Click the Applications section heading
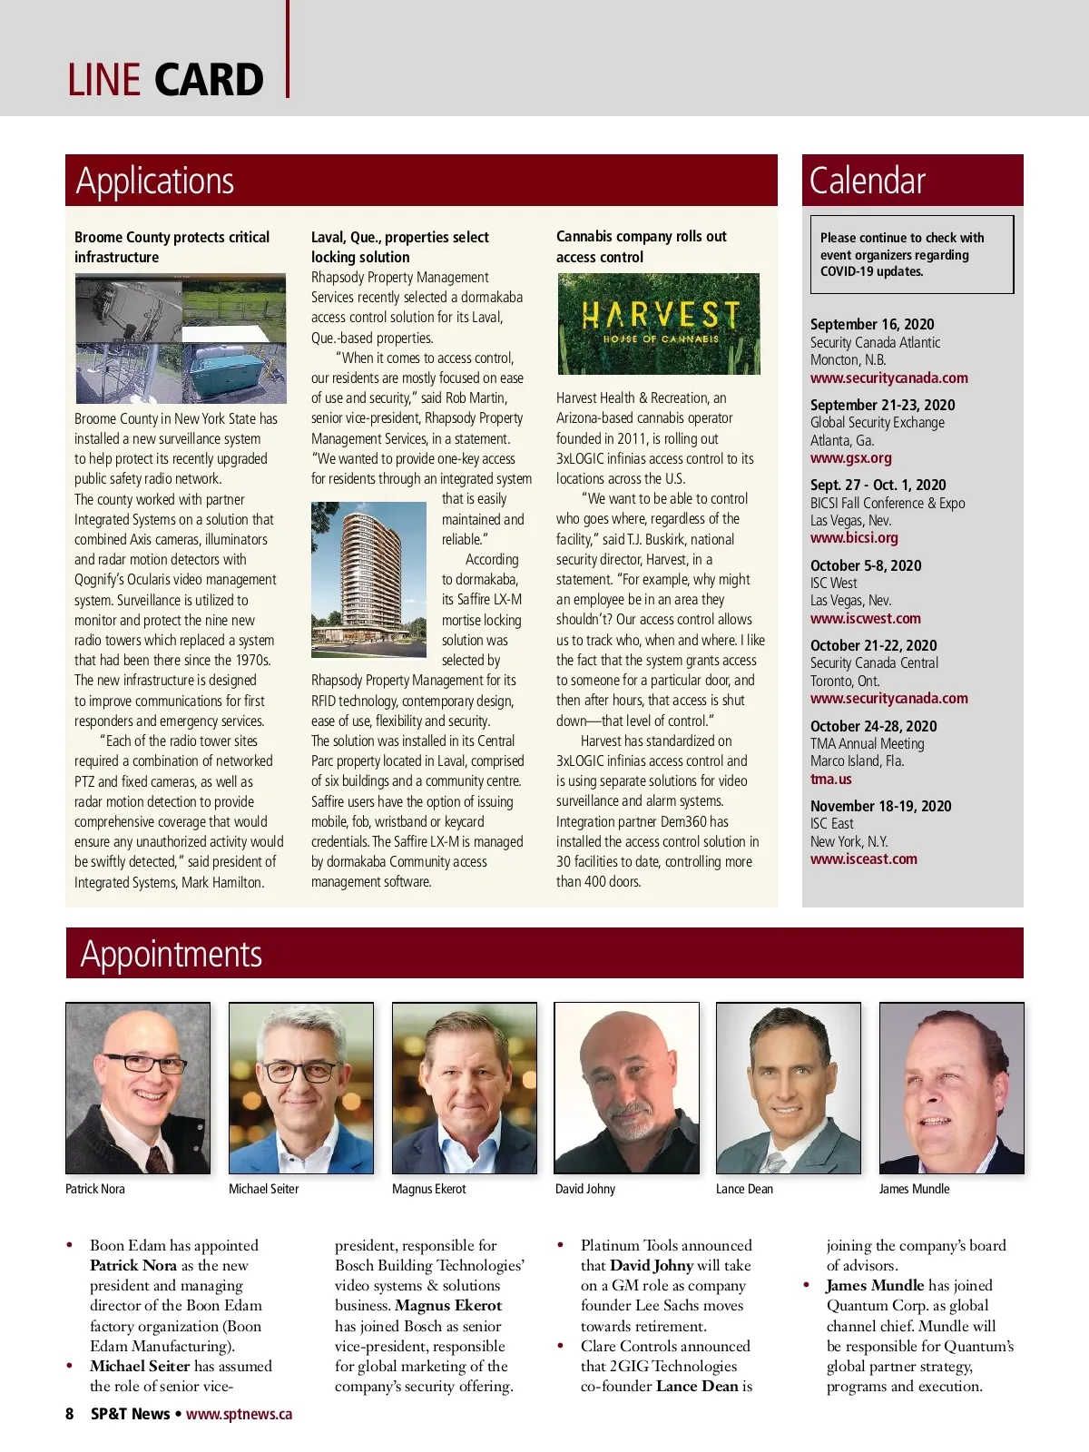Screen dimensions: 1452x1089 coord(155,181)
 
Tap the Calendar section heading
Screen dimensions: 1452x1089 coord(868,181)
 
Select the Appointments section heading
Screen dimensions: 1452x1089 coord(172,955)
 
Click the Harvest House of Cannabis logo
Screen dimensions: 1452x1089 coord(659,324)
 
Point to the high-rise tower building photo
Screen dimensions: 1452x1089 coord(368,580)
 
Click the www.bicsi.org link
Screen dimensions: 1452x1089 coord(854,538)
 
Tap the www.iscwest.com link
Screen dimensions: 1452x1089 coord(866,619)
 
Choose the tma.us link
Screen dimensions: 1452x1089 coord(831,780)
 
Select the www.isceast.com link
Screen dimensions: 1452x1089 coord(864,859)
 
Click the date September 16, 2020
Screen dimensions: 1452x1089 coord(872,325)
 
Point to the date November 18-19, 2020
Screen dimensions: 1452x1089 coord(881,807)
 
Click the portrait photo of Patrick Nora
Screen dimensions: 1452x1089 coord(138,1088)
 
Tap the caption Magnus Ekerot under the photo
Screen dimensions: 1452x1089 coord(429,1190)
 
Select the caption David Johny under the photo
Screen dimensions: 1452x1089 coord(585,1190)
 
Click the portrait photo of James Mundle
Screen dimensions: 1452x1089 coord(951,1088)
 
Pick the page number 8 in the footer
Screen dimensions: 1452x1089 coord(70,1414)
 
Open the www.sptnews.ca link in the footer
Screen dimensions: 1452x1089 coord(240,1414)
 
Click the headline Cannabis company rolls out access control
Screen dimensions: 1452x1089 coord(642,247)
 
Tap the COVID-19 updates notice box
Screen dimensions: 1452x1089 coord(911,255)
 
